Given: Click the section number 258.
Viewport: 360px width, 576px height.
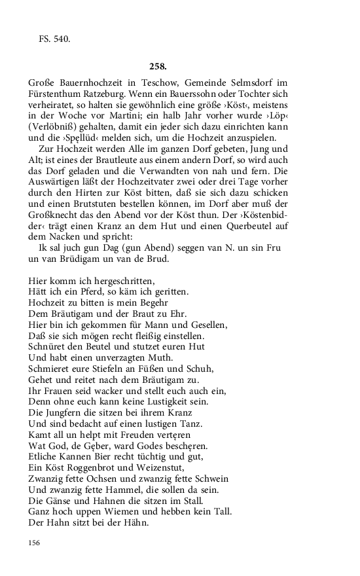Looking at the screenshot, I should point(158,66).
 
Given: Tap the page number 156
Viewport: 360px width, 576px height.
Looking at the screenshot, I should point(35,543).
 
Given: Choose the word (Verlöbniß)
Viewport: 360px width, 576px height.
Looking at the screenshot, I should point(54,128).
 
